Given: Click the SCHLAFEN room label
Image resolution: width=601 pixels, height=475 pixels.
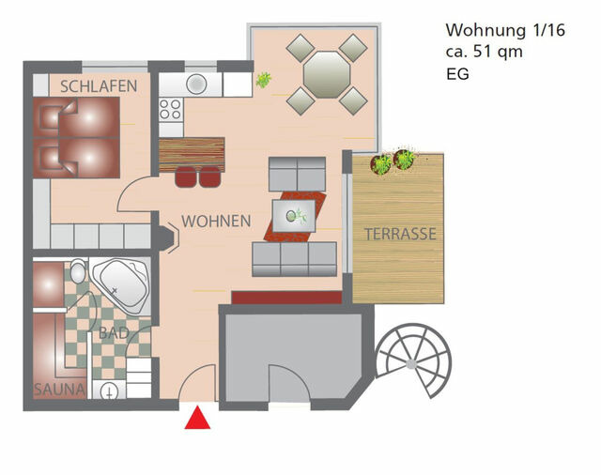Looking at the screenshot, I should (x=99, y=86).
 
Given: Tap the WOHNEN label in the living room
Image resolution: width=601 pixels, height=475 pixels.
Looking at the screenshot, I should (x=216, y=222).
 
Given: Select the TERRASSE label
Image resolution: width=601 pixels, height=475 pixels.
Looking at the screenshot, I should (x=400, y=234).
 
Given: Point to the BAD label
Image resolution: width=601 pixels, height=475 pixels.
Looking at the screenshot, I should (x=114, y=333).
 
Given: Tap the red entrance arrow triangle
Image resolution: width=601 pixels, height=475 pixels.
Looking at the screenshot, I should (x=197, y=419).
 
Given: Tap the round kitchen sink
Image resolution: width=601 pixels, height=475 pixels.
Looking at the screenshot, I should (x=196, y=84).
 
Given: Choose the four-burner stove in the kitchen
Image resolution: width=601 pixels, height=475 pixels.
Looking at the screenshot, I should (x=170, y=110).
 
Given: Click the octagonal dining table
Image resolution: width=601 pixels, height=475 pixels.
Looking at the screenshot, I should (x=326, y=73).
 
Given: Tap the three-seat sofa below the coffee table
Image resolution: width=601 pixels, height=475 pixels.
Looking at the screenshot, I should (x=294, y=258).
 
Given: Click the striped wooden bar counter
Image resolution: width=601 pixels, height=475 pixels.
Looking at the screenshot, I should (x=193, y=152).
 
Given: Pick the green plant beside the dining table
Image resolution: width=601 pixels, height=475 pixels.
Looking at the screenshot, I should (x=264, y=81).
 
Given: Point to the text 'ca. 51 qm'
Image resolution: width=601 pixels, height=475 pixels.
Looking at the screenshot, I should (x=485, y=51).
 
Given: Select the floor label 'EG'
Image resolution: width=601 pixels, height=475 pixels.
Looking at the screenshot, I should (x=458, y=72).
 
